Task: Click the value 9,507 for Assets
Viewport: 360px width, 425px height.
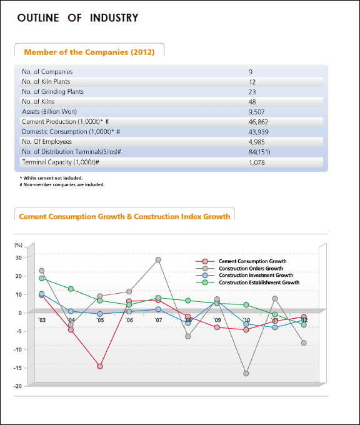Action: click(256, 112)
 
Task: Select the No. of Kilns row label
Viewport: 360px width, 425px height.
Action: click(38, 102)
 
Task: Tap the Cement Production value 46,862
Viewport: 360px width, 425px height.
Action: click(258, 122)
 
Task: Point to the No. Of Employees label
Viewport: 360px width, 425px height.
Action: click(47, 142)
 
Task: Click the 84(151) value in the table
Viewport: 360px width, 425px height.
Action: click(259, 152)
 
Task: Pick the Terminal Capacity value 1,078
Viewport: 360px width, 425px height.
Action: click(257, 162)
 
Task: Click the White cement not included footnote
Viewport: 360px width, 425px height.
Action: click(51, 178)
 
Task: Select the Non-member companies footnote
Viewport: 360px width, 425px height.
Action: click(62, 184)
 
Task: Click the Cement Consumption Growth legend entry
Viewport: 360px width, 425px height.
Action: click(241, 261)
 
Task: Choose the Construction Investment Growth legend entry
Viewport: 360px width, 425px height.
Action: click(244, 276)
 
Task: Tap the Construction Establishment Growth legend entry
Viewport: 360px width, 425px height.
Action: click(247, 282)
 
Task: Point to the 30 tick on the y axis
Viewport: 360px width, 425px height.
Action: click(18, 257)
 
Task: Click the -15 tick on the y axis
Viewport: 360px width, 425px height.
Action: click(17, 367)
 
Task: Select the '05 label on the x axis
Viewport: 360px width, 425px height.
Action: click(100, 320)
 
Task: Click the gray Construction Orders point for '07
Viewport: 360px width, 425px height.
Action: click(158, 259)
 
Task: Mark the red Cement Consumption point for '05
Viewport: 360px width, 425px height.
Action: click(100, 366)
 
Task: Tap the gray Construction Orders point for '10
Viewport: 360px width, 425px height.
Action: click(246, 374)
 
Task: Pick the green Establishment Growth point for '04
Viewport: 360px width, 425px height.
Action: click(71, 289)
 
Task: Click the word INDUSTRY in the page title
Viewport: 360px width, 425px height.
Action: click(114, 18)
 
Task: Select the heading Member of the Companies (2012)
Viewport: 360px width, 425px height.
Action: click(89, 52)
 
